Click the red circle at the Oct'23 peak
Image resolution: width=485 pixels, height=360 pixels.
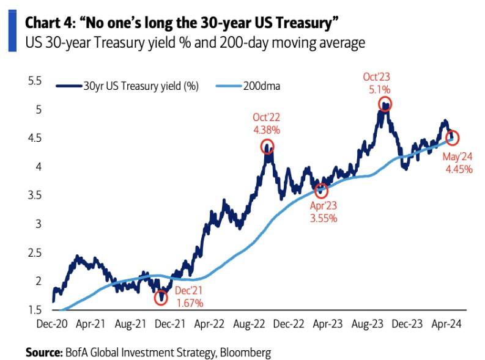[384, 104]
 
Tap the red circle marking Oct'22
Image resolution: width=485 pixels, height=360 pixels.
[267, 147]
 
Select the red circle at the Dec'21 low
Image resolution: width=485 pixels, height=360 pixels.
[161, 298]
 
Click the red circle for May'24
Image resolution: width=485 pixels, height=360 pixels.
[453, 138]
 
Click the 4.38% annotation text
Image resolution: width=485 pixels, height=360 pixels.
[267, 130]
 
